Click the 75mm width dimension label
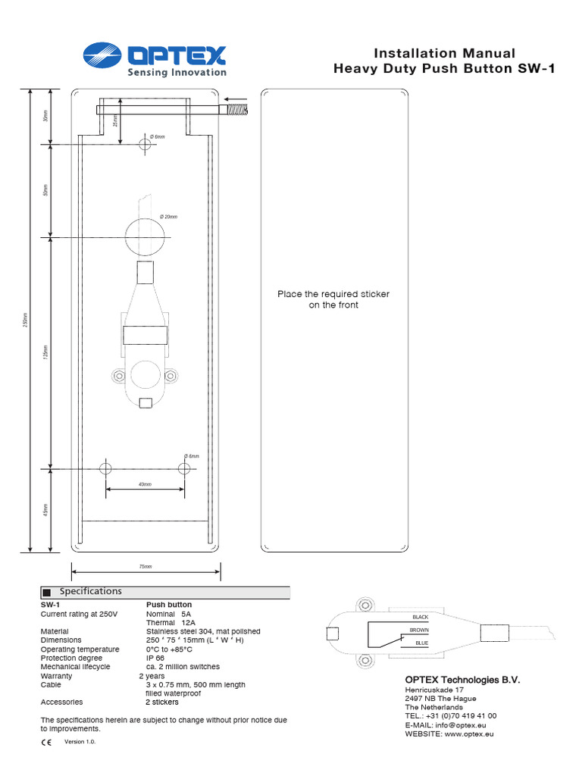[145, 566]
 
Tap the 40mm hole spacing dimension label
[145, 483]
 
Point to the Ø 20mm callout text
[168, 217]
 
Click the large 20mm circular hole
[143, 236]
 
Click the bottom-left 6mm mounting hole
[105, 468]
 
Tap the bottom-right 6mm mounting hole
[184, 468]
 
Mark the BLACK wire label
[420, 617]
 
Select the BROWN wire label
[419, 630]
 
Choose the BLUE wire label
[421, 643]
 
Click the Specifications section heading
[90, 591]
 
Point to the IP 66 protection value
[155, 658]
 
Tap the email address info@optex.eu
[451, 725]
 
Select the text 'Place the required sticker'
[333, 294]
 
